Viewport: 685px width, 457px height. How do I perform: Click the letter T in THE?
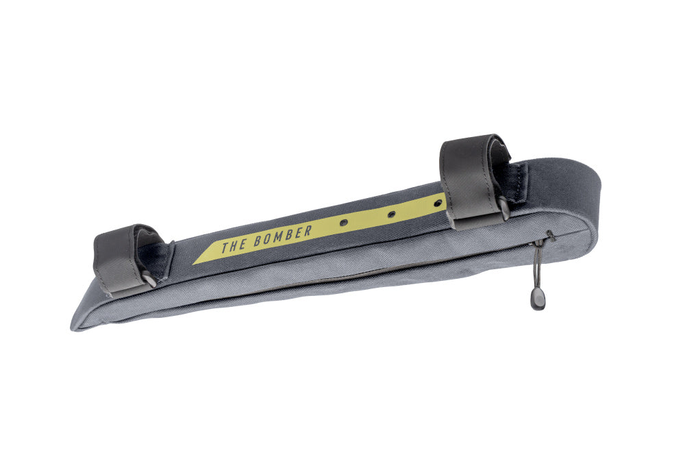[x=224, y=247]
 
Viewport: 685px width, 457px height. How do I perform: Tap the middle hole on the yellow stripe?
[x=391, y=214]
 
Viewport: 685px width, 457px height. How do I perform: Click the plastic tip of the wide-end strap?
[x=504, y=209]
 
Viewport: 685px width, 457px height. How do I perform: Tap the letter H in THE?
[x=233, y=245]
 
